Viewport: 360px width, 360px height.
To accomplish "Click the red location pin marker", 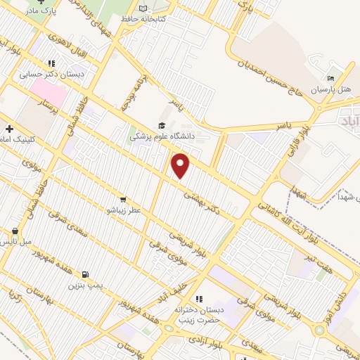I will coord(181,166).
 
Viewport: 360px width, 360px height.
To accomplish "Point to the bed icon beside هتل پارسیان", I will coord(330,79).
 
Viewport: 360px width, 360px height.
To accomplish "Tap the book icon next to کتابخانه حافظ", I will coord(144,8).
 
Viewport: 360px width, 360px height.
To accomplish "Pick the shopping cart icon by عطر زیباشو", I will coord(124,199).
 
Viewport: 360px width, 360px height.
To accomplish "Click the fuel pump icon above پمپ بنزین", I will coord(85,274).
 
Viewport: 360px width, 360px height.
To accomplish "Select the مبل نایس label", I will coord(15,242).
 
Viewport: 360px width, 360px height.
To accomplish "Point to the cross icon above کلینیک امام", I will coord(9,129).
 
